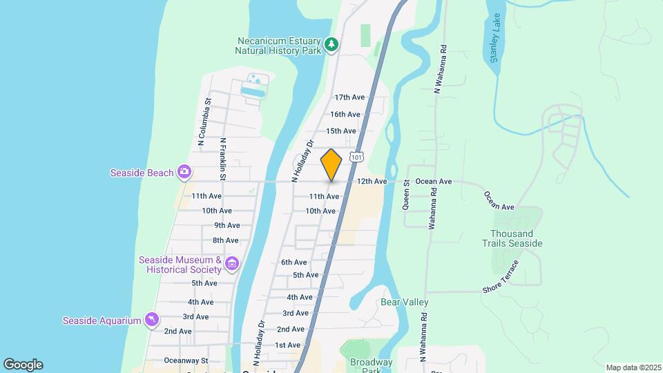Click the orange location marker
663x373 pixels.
coord(331,164)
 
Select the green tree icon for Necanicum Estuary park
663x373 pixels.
coord(332,44)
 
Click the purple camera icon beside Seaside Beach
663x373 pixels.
coord(184,171)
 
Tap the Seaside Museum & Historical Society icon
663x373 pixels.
coord(232,263)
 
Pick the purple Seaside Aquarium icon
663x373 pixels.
coord(151,320)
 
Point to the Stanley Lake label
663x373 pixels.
coord(494,47)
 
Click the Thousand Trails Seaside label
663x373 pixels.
coord(516,238)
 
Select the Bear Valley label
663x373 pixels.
coord(405,302)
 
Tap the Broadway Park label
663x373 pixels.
coord(371,367)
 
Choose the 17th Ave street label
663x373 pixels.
coord(349,97)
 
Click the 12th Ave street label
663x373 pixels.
coord(372,182)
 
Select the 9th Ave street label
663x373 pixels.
coord(227,225)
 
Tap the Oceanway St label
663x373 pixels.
coord(186,361)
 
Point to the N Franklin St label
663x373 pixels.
coord(223,160)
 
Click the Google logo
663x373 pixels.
coord(23,365)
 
